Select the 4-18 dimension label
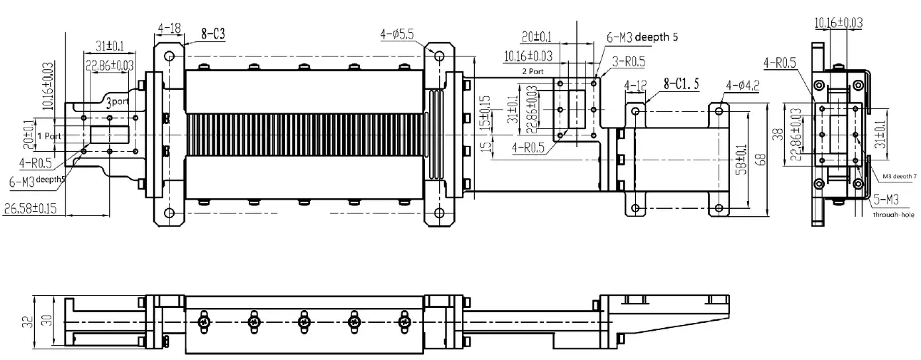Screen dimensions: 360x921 coord(169,29)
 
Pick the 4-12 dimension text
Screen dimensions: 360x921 coord(635,86)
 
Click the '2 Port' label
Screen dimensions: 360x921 coord(533,71)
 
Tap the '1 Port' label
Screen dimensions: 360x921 coord(48,135)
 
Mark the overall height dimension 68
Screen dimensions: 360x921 coord(762,158)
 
